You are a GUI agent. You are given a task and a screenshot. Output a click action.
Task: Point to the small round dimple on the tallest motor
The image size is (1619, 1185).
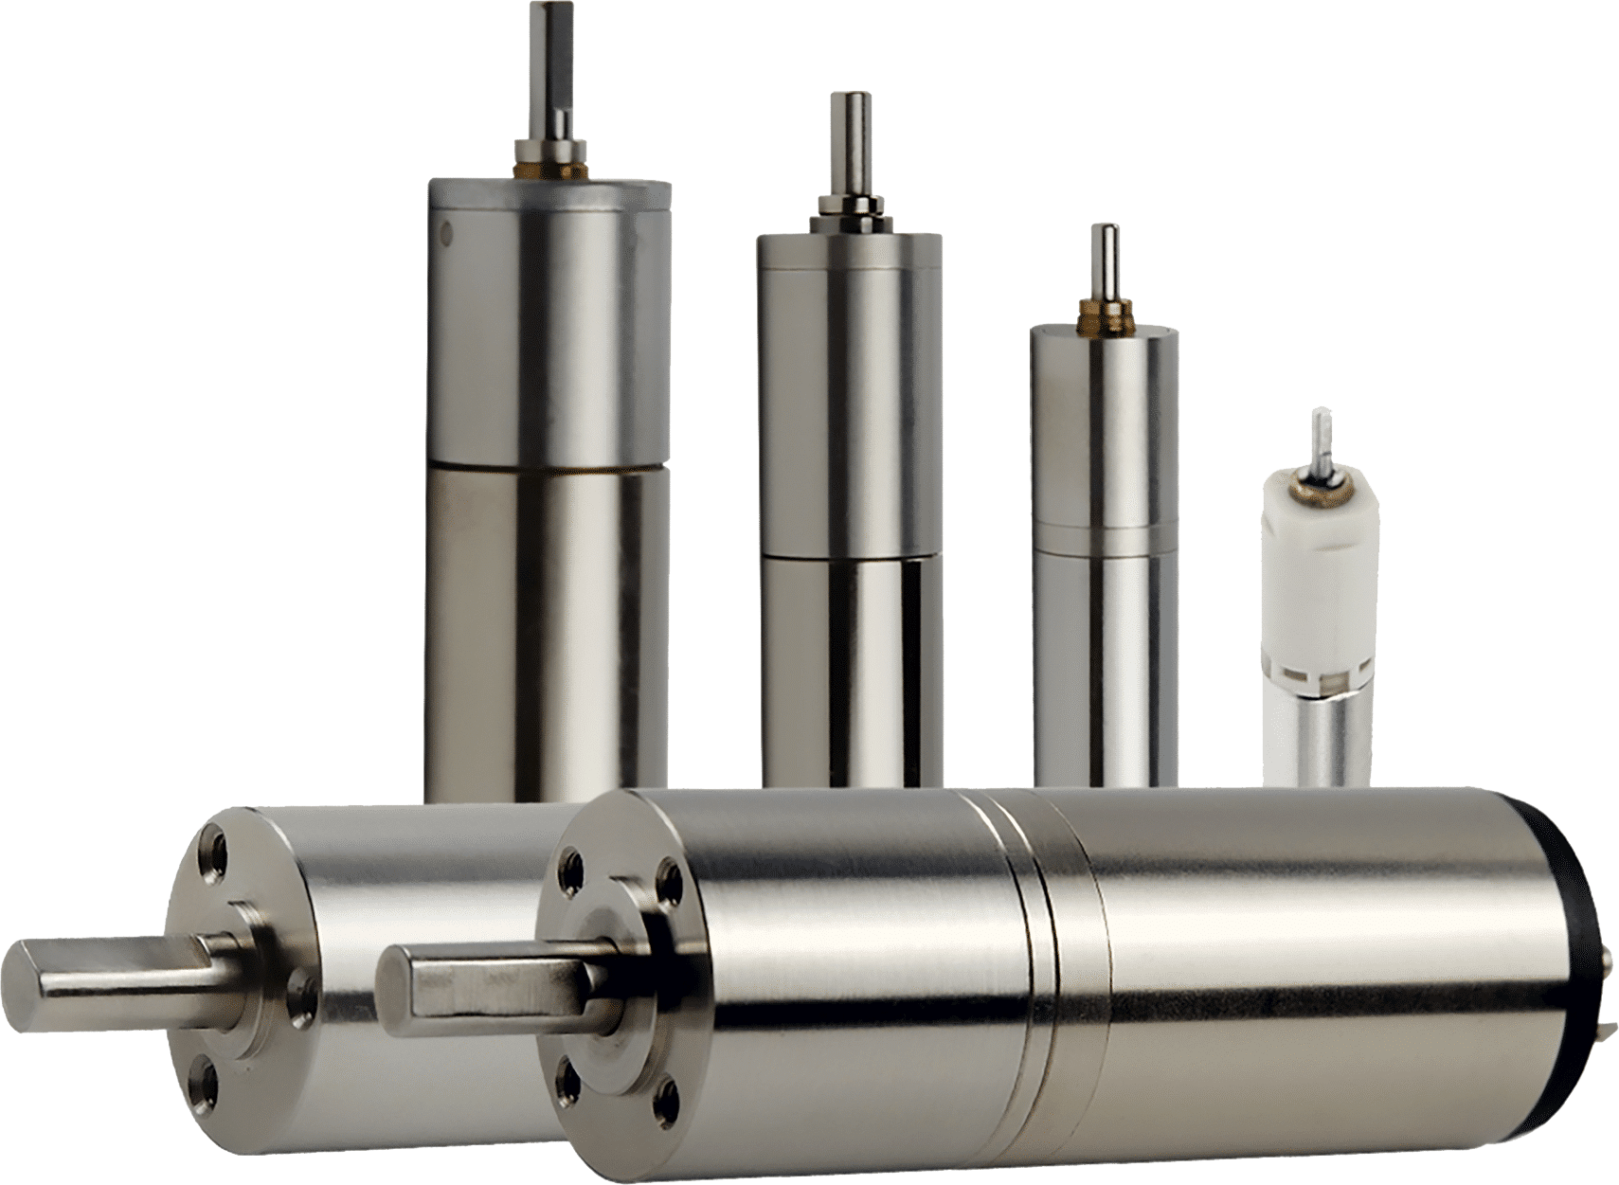(448, 229)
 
